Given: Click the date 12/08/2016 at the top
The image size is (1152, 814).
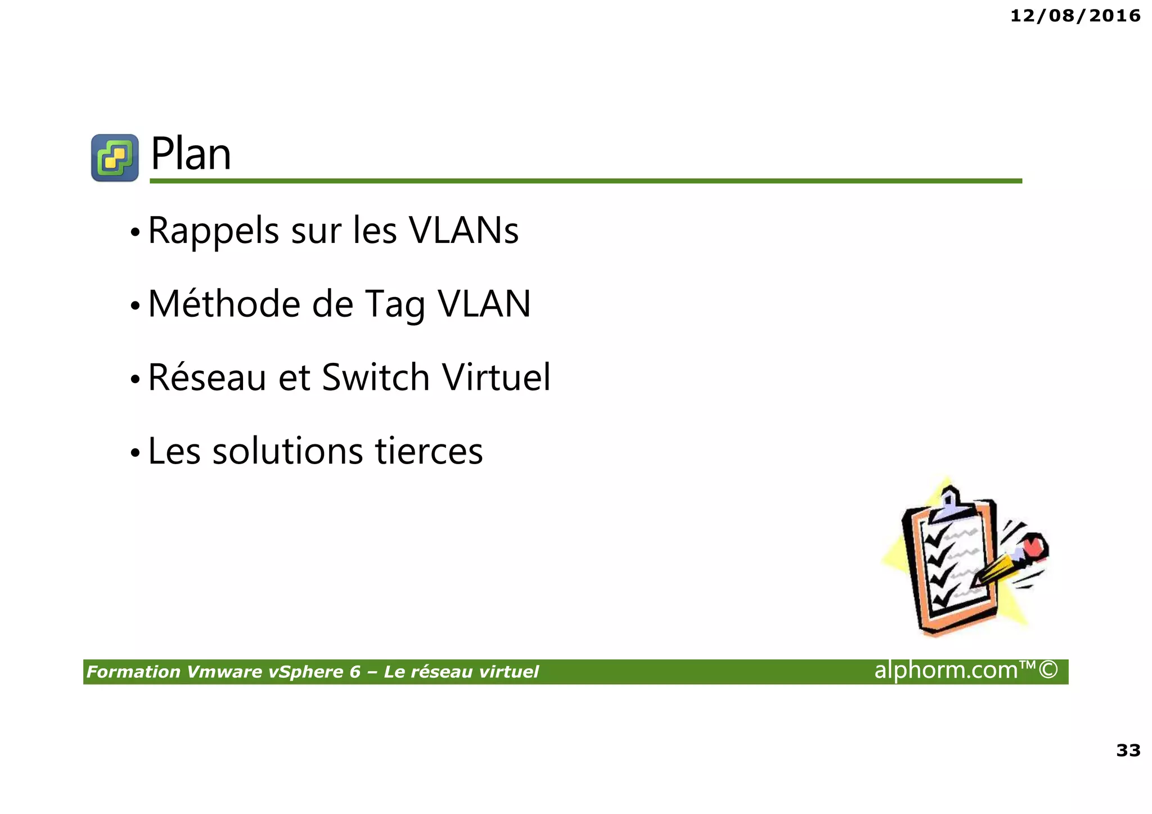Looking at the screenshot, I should (x=1075, y=16).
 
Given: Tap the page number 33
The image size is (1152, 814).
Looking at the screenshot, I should (x=1128, y=750).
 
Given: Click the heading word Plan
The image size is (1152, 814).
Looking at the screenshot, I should (x=191, y=154).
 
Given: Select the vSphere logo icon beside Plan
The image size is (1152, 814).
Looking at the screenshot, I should (x=115, y=158).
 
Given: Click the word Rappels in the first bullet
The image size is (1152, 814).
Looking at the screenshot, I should (x=213, y=231).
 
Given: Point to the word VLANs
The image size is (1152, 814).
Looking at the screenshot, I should (x=463, y=231).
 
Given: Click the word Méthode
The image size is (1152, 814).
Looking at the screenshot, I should (x=224, y=304).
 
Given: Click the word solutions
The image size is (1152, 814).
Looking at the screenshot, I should (x=287, y=451).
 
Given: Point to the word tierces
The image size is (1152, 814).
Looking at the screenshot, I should (x=429, y=451).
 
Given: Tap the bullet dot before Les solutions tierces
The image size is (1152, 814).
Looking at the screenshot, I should (x=134, y=452).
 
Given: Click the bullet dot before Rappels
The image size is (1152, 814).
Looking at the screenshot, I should (x=134, y=232).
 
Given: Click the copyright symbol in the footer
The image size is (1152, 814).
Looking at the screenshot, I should (x=1048, y=669).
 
